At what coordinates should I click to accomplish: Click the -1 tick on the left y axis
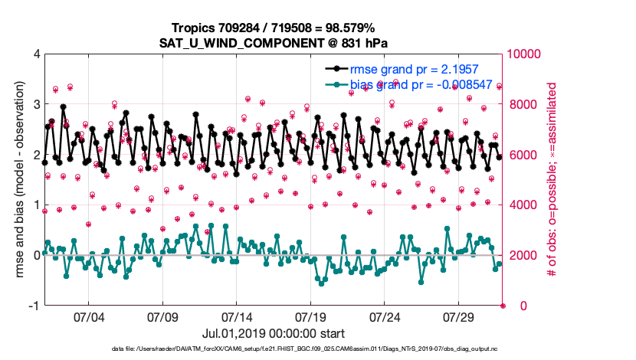click(34, 306)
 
